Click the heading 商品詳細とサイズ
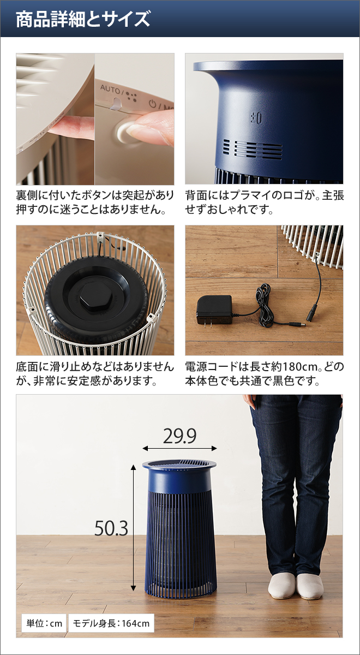(83, 20)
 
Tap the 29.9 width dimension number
(179, 436)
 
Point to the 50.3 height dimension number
(111, 528)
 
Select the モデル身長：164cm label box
(111, 623)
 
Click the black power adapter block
(214, 309)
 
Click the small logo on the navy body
(256, 117)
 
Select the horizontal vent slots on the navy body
(250, 148)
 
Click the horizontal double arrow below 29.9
(179, 448)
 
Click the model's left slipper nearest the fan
(281, 586)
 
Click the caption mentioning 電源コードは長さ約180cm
(264, 373)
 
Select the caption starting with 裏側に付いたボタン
(95, 202)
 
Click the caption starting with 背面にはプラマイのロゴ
(264, 202)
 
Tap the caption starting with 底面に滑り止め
(95, 373)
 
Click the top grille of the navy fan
(179, 465)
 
